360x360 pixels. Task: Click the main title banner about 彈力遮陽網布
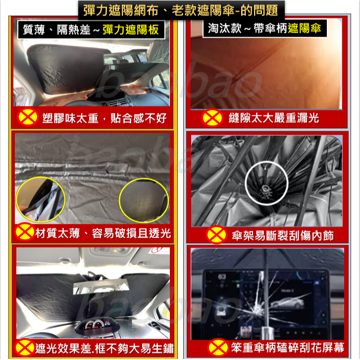180,9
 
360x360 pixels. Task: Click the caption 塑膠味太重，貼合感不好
101,118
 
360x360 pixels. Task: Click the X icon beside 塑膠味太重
28,118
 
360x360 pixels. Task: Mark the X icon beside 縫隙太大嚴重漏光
213,118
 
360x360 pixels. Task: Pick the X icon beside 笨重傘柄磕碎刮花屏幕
216,347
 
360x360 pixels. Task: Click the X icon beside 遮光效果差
25,347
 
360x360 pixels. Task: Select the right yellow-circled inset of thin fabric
144,201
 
